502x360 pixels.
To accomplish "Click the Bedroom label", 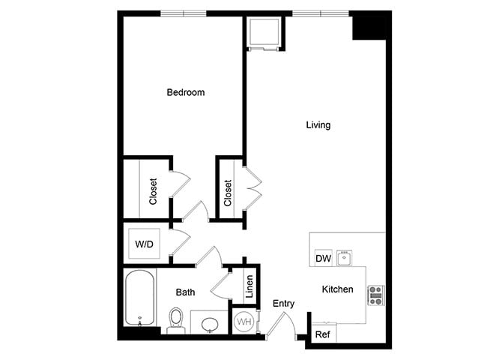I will click(185, 93).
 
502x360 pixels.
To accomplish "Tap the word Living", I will click(318, 125).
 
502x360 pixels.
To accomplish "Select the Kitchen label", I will click(337, 289).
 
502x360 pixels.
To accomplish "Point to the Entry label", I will click(283, 304).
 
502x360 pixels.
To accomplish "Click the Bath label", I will click(186, 292).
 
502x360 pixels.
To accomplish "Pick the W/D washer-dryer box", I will click(144, 244).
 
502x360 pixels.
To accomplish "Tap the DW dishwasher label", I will click(324, 259).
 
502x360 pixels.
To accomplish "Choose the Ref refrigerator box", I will click(323, 334).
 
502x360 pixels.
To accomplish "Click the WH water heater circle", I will click(244, 322).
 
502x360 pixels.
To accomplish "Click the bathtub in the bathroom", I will click(140, 298).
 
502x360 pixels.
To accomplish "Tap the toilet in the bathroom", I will click(177, 319).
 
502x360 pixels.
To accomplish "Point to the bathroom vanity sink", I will click(211, 323).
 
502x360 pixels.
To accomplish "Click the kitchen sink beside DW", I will click(345, 258).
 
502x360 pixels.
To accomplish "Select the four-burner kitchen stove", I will click(375, 294).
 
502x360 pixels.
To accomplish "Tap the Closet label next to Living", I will click(228, 193).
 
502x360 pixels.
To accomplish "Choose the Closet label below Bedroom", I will click(153, 191).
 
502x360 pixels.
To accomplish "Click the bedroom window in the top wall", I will click(184, 13).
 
